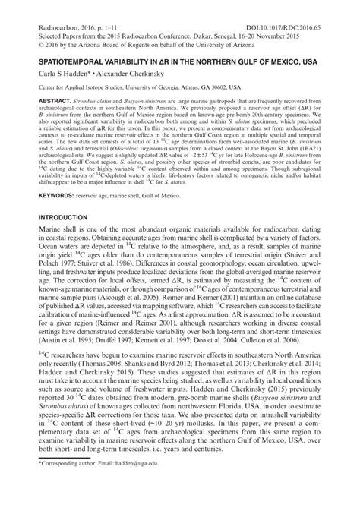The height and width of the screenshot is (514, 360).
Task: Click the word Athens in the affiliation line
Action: click(216, 88)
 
